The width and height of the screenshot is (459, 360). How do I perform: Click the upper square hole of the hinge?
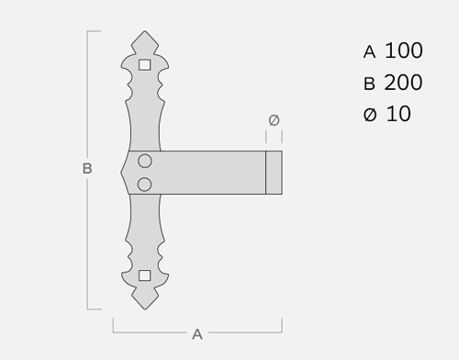click(x=145, y=65)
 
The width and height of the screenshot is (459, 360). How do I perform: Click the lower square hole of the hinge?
click(x=145, y=276)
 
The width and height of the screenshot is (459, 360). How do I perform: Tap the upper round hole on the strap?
click(x=145, y=161)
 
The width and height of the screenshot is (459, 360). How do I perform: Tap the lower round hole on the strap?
click(x=144, y=185)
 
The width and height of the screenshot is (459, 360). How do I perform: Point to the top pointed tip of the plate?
click(x=145, y=31)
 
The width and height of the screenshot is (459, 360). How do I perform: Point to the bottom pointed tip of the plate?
click(x=145, y=309)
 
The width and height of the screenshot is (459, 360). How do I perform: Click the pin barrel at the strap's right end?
click(x=274, y=173)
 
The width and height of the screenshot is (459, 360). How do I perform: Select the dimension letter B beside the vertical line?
click(x=87, y=169)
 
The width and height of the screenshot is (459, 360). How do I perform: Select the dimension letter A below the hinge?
click(x=197, y=334)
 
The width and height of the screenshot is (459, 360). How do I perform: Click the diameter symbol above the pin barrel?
click(x=274, y=120)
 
